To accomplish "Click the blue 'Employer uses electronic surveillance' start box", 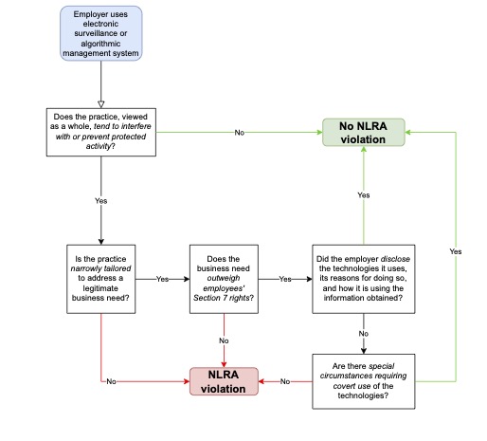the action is click(101, 33).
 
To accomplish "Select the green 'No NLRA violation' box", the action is click(364, 133).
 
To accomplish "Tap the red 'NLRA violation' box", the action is click(224, 381).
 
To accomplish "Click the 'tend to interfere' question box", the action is click(101, 132).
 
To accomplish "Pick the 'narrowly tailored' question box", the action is click(101, 279).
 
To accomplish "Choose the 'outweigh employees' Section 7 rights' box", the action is click(224, 279).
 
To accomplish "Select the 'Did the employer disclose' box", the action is click(364, 279).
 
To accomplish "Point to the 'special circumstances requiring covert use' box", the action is click(364, 381).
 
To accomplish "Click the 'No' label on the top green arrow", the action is click(240, 133).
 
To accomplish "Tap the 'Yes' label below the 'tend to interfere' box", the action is click(101, 201).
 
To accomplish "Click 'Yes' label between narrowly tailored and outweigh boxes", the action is click(162, 279).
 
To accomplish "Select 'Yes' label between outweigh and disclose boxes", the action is click(285, 279).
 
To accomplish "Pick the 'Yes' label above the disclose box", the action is click(364, 195).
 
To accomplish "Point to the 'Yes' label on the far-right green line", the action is click(456, 251).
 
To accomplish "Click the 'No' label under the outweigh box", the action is click(224, 340).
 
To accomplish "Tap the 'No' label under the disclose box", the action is click(364, 334).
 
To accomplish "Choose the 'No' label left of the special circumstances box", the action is click(285, 381).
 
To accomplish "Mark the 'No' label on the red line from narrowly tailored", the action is click(111, 381).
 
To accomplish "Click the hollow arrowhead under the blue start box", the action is click(101, 104).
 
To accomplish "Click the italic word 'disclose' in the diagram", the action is click(395, 259).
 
